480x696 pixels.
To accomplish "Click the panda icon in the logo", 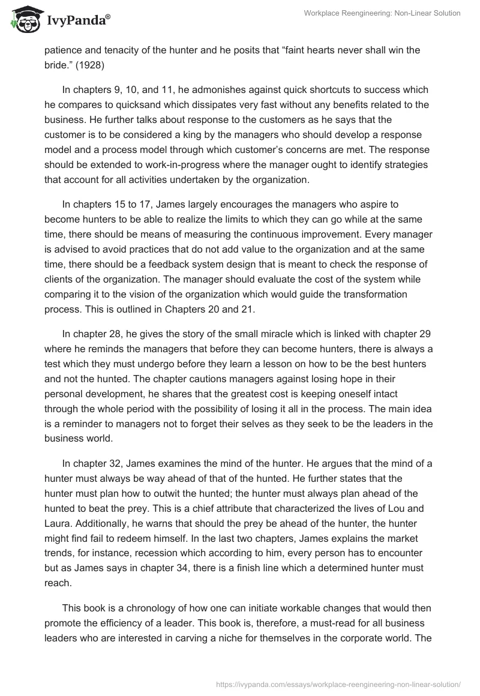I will point(22,19).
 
